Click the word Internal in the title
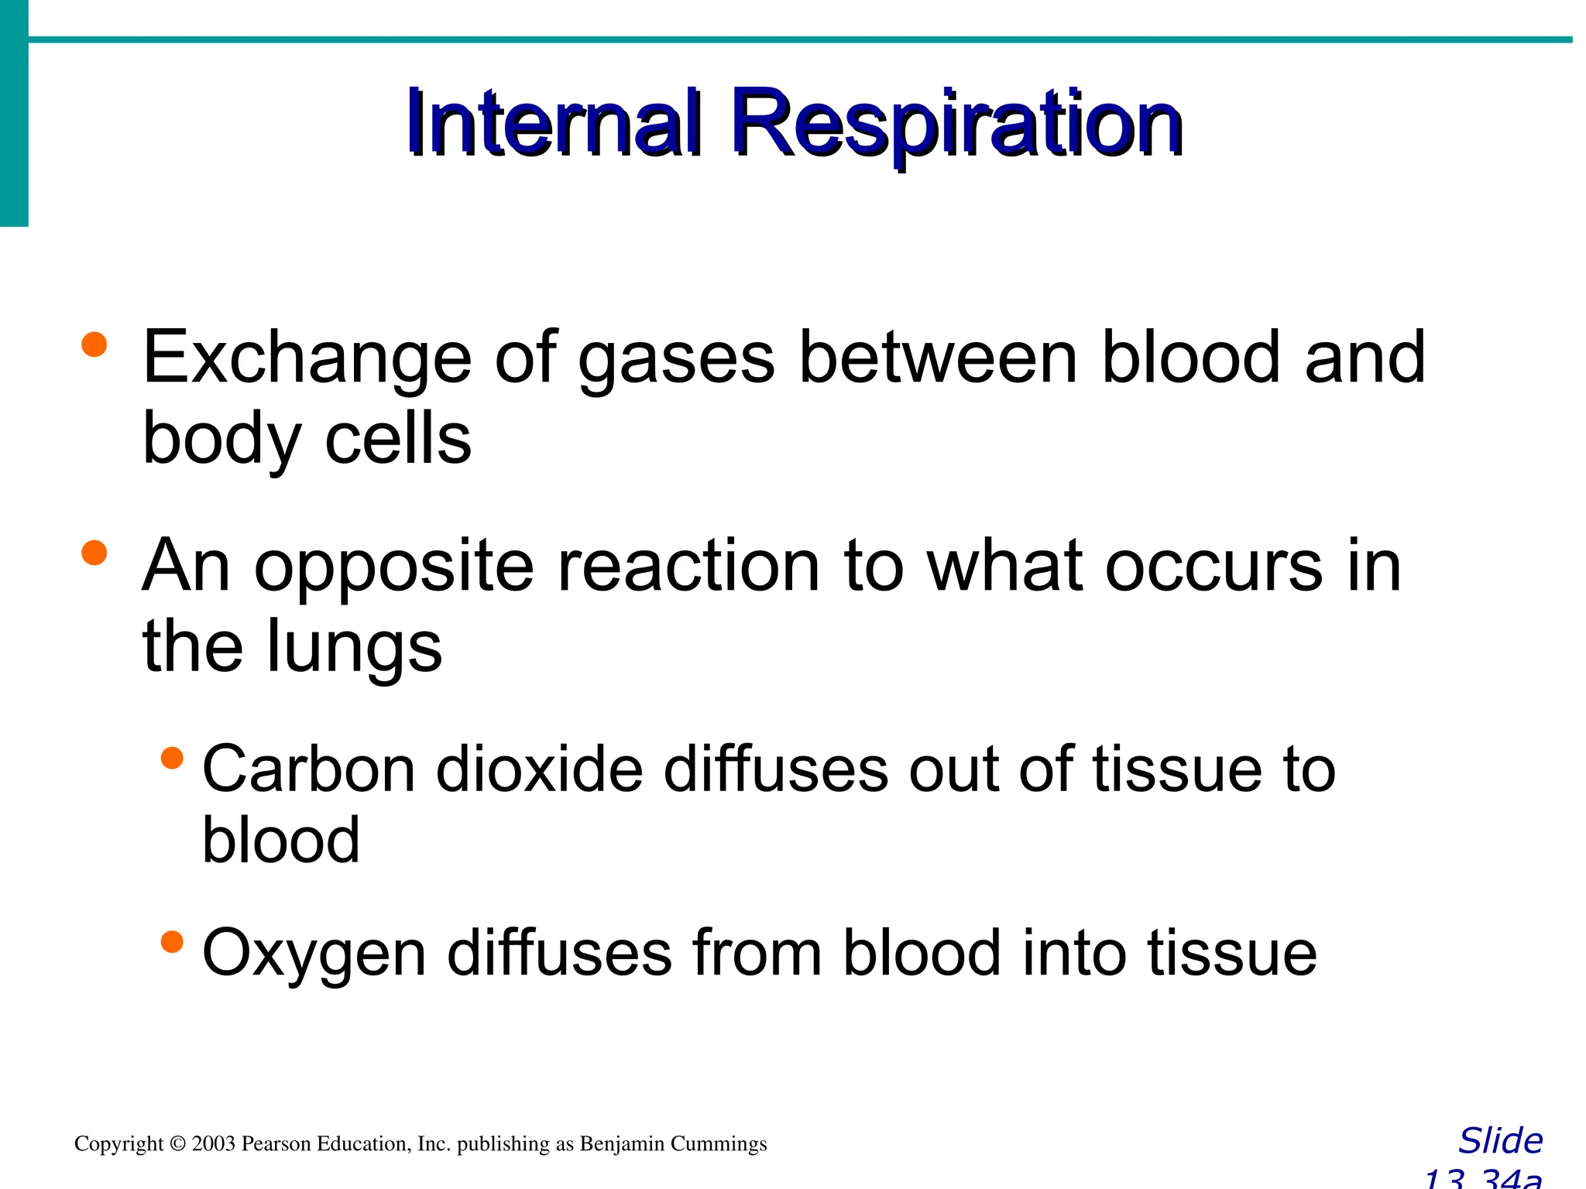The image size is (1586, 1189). click(x=554, y=124)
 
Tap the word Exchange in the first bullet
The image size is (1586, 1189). click(x=307, y=358)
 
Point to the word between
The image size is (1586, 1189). click(x=939, y=358)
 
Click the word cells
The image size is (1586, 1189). click(x=398, y=439)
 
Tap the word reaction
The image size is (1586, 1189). click(x=688, y=567)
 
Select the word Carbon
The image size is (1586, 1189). click(x=309, y=769)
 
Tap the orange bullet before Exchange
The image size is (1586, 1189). click(x=94, y=344)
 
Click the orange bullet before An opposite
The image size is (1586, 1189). click(x=94, y=553)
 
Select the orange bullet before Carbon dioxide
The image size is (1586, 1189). click(x=172, y=758)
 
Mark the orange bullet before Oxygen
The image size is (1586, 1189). click(x=172, y=942)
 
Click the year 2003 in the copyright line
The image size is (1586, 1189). click(x=213, y=1144)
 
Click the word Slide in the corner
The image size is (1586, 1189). click(x=1500, y=1141)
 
